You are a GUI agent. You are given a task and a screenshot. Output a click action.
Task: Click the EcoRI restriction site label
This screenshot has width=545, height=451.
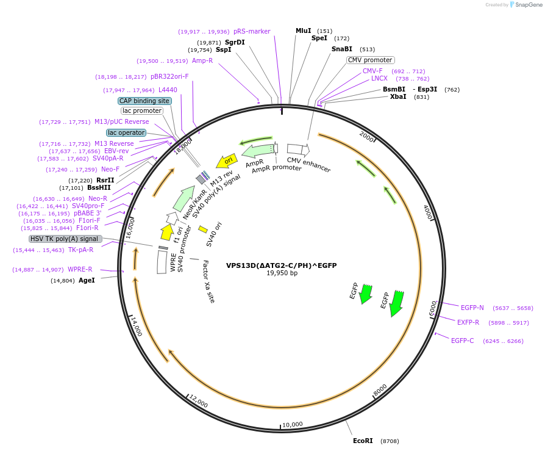[363, 441]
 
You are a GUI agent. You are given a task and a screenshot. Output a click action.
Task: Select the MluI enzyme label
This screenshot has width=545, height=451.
[303, 31]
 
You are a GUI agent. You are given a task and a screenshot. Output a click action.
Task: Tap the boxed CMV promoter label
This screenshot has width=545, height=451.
[370, 60]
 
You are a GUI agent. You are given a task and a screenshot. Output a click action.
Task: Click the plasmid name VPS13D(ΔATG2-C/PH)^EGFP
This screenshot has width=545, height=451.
[281, 265]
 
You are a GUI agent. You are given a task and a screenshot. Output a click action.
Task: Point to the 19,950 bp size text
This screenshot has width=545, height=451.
[282, 273]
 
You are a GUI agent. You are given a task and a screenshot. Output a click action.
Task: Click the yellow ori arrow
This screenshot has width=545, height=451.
[227, 161]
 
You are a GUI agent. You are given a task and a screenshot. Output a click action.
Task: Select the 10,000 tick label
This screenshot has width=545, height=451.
[293, 424]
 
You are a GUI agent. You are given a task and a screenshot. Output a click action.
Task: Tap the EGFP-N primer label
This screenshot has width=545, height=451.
[472, 308]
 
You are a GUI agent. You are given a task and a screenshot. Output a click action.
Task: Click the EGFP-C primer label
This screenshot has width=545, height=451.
[462, 341]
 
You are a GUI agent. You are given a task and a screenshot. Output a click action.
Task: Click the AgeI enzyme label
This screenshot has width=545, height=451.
[87, 281]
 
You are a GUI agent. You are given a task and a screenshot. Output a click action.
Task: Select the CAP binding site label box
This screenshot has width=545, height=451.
[144, 101]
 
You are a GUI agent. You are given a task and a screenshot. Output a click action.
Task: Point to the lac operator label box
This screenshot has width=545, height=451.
[126, 132]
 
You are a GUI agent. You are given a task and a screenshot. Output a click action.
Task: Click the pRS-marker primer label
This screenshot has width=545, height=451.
[252, 31]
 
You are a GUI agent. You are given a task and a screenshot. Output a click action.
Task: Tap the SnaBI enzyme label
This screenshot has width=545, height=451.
[342, 49]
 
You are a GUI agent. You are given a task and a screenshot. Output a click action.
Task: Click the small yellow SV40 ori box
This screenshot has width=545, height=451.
[203, 229]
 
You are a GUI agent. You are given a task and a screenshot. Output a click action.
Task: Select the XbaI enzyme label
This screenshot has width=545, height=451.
[398, 96]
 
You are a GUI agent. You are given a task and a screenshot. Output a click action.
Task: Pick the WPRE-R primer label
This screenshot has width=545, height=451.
[80, 269]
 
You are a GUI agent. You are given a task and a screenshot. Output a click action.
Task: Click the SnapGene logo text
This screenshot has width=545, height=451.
[529, 4]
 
